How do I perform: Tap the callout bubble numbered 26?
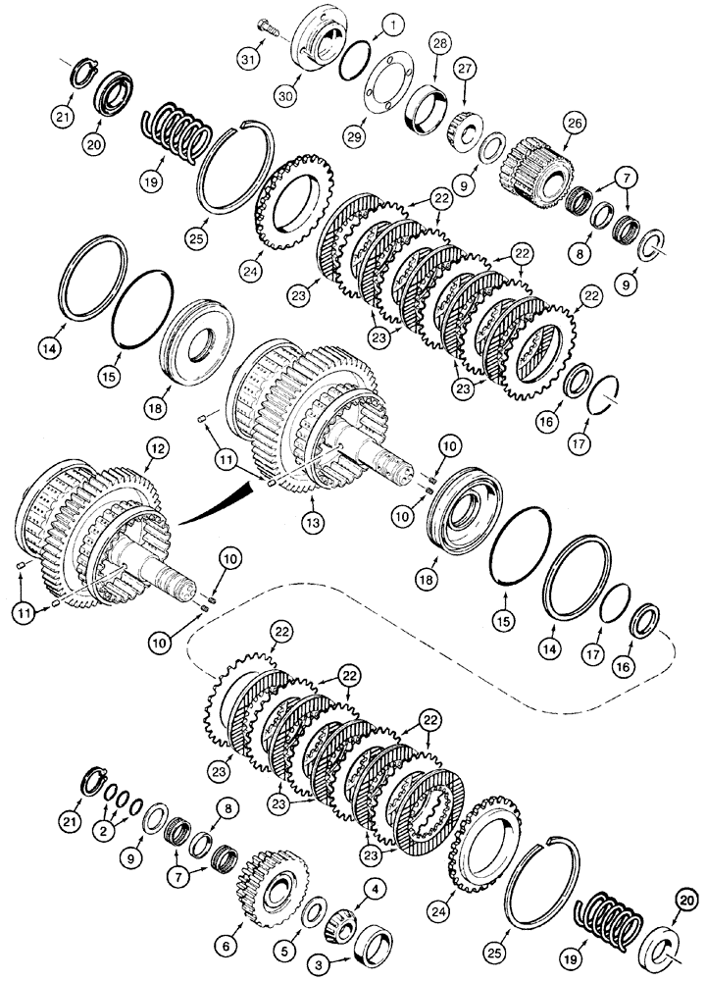coord(576,124)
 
